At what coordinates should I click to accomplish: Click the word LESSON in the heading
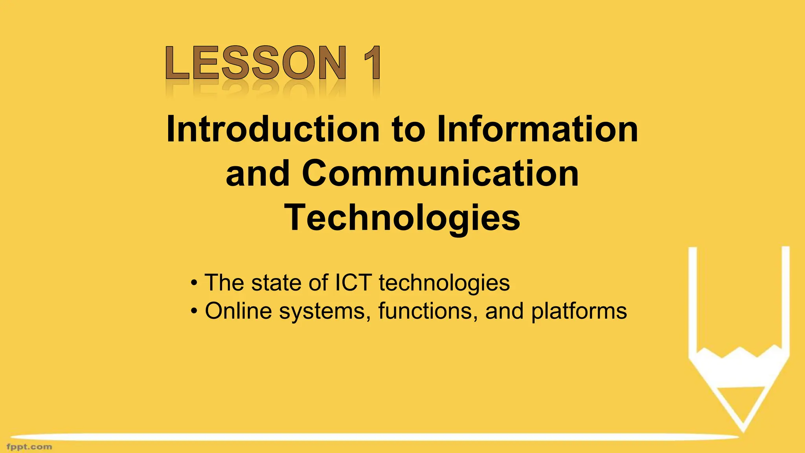[256, 63]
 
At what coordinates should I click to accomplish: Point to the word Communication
[440, 173]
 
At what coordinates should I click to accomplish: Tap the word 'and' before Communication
[258, 173]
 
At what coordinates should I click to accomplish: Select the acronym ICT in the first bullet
[353, 282]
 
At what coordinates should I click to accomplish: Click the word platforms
[579, 311]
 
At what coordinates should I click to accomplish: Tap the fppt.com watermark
[29, 447]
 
